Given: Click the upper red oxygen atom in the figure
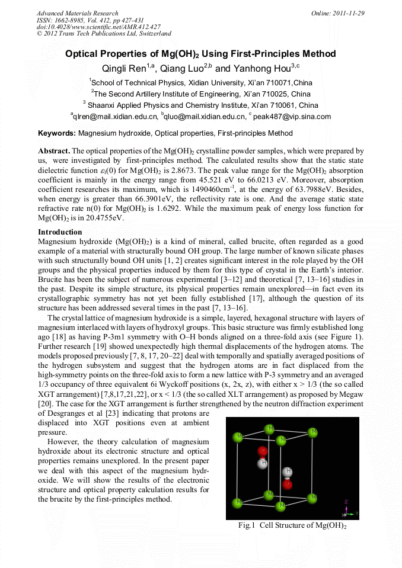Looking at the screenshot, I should [x=263, y=452].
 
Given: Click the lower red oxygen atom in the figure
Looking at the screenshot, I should [x=288, y=484].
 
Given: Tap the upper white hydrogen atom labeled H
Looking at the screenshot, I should [x=263, y=463].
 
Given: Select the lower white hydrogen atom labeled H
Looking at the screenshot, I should [x=288, y=472].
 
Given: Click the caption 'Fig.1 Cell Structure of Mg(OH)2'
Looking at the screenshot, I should [x=292, y=525].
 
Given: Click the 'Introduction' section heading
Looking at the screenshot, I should [x=60, y=232].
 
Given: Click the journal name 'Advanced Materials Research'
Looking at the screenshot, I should [x=77, y=13].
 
